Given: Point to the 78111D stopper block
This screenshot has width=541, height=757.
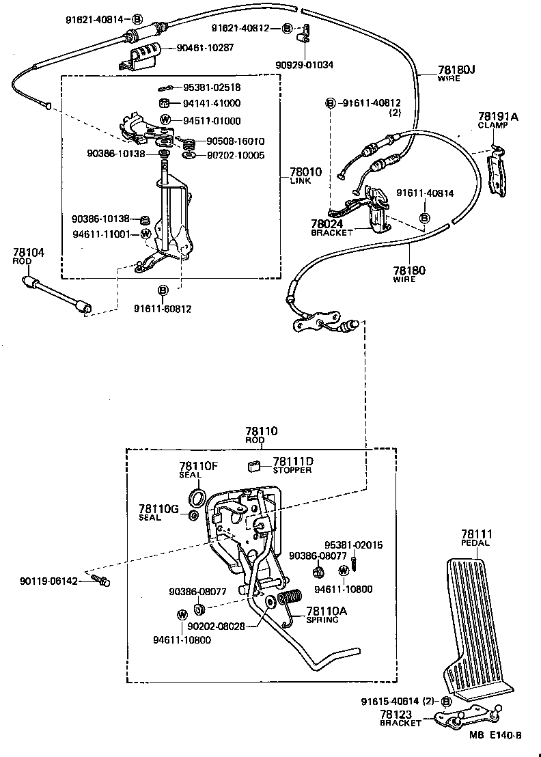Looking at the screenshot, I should [x=253, y=466].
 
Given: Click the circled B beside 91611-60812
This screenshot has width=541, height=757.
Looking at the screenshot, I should [x=163, y=291].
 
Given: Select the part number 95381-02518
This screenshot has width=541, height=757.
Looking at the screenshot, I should [x=212, y=87].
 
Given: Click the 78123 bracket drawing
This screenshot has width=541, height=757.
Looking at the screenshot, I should [x=467, y=717].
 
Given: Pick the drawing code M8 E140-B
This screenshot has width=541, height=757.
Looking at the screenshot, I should [x=495, y=737].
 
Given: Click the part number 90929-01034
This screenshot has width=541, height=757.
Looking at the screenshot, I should [x=304, y=65].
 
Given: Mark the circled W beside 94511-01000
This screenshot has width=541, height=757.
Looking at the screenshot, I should [x=165, y=121].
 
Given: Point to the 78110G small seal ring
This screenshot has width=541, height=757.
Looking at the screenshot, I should [x=193, y=514].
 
